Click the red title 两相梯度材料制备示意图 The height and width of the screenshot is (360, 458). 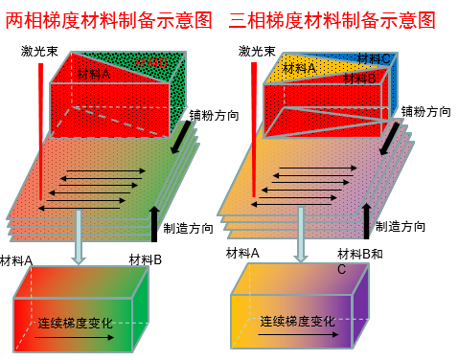click(113, 18)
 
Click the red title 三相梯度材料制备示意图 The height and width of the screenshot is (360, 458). click(332, 18)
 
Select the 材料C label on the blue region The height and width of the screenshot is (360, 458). click(373, 58)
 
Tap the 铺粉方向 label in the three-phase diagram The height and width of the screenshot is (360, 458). click(425, 111)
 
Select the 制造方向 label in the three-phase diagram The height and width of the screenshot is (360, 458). click(400, 227)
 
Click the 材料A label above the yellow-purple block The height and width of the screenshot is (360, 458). click(242, 253)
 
